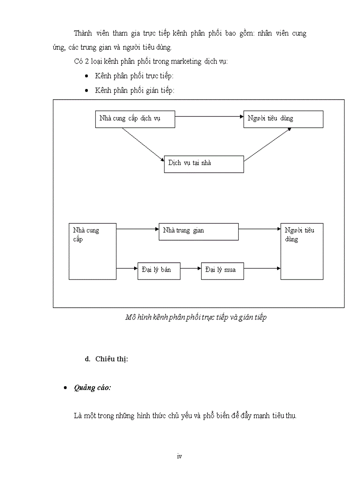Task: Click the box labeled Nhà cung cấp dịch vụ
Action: [x=135, y=119]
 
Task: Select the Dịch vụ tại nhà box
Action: [x=203, y=164]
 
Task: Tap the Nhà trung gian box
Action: [x=198, y=231]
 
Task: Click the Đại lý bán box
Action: [x=159, y=270]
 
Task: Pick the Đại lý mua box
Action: [x=222, y=270]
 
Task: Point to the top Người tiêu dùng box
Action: [x=283, y=119]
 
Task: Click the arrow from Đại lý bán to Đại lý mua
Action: [x=191, y=268]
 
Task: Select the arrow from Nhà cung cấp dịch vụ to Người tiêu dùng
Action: [x=209, y=117]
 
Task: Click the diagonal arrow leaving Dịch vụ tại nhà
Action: [x=267, y=144]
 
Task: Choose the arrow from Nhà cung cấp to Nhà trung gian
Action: [x=137, y=229]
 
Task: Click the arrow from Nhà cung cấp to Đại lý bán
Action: [x=127, y=268]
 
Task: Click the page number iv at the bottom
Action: [x=179, y=456]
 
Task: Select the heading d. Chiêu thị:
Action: [x=106, y=359]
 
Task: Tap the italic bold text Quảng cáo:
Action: [x=93, y=387]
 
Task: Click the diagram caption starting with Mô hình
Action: [x=196, y=317]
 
